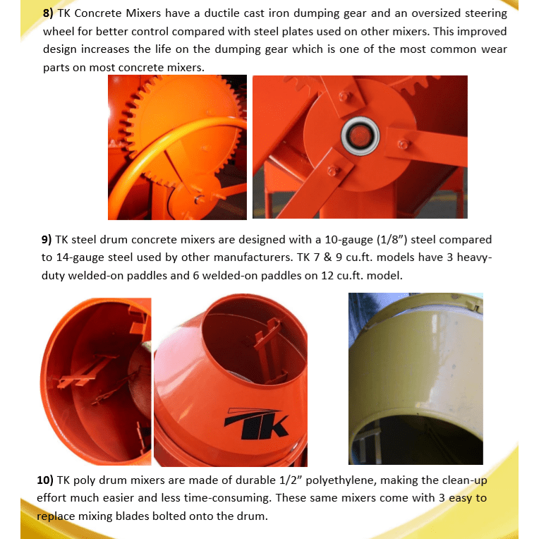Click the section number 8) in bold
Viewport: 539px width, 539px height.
(49, 13)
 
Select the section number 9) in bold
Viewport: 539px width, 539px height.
(49, 240)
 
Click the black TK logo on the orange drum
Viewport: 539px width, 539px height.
(257, 421)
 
